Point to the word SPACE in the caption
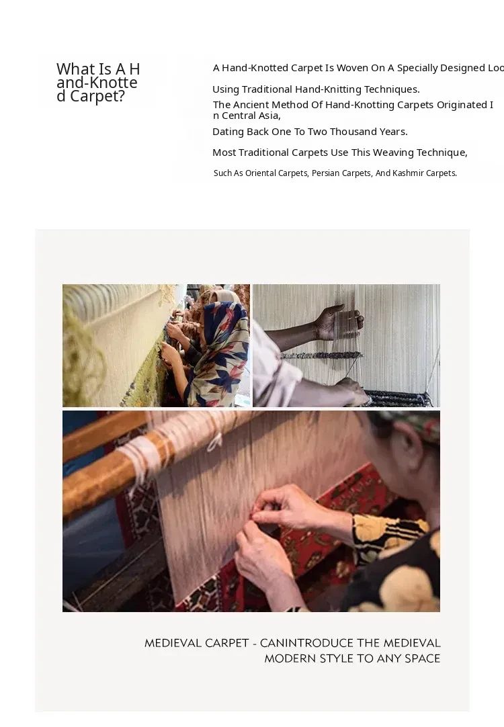(x=423, y=658)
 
